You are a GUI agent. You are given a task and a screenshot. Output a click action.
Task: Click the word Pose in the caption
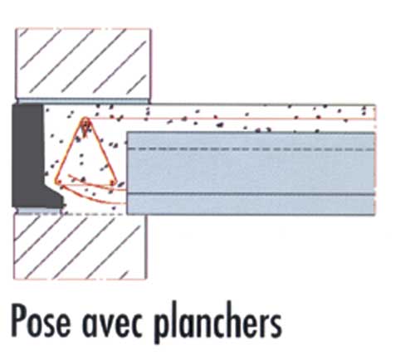(x=41, y=320)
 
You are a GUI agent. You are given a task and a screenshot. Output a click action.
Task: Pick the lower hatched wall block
(x=81, y=247)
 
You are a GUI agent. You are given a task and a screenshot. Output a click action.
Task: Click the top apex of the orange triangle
(x=85, y=119)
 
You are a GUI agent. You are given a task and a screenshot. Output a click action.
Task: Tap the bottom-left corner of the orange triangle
(x=57, y=182)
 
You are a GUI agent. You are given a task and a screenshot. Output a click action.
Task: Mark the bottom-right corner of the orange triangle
(x=113, y=182)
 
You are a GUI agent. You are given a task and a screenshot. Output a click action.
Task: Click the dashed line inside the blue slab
(x=251, y=149)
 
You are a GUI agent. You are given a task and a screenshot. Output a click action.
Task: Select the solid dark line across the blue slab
(x=251, y=194)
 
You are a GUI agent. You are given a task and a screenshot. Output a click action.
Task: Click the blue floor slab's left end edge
(x=127, y=173)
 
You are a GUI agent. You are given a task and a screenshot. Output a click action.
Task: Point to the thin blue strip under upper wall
(x=83, y=100)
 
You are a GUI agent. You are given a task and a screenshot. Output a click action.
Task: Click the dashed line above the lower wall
(x=69, y=214)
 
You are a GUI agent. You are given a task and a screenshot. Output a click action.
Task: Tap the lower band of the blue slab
(x=251, y=205)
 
